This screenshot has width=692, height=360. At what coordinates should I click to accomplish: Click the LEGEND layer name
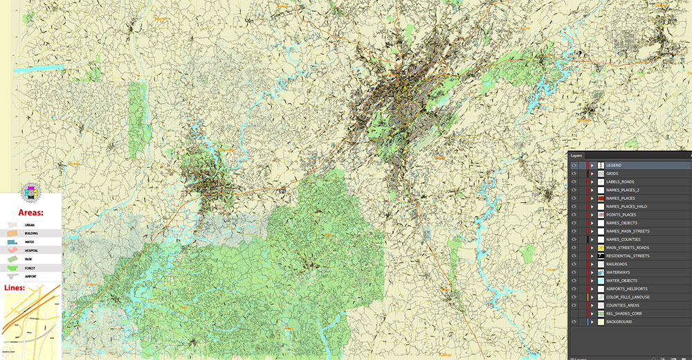pyautogui.click(x=614, y=165)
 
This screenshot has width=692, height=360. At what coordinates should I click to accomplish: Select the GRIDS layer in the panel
pyautogui.click(x=612, y=174)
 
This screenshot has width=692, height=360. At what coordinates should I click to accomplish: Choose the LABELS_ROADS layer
pyautogui.click(x=619, y=182)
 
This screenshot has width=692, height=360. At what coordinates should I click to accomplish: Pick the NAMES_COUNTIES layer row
pyautogui.click(x=623, y=240)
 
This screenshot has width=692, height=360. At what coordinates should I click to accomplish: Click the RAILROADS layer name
pyautogui.click(x=617, y=264)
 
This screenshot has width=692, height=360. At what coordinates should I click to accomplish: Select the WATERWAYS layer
pyautogui.click(x=617, y=273)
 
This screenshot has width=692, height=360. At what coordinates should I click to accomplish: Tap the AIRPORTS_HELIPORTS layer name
pyautogui.click(x=626, y=289)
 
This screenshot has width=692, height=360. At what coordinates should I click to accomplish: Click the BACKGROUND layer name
pyautogui.click(x=619, y=322)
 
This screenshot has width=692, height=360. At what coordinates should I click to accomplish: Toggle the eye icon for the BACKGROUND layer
pyautogui.click(x=574, y=322)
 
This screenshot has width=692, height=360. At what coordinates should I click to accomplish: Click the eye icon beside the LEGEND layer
pyautogui.click(x=574, y=165)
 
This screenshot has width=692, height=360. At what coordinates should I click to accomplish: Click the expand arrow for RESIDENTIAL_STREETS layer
pyautogui.click(x=592, y=256)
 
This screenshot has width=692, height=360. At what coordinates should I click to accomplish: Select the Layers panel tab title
pyautogui.click(x=576, y=156)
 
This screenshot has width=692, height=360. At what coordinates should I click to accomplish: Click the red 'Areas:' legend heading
pyautogui.click(x=31, y=212)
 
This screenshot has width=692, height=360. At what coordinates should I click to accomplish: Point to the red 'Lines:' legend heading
pyautogui.click(x=13, y=287)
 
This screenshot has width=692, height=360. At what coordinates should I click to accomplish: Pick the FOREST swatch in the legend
pyautogui.click(x=13, y=267)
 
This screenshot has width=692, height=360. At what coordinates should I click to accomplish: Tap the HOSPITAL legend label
pyautogui.click(x=32, y=250)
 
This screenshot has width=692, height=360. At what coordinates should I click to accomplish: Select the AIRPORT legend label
pyautogui.click(x=31, y=276)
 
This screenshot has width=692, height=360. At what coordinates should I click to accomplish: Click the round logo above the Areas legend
pyautogui.click(x=31, y=192)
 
